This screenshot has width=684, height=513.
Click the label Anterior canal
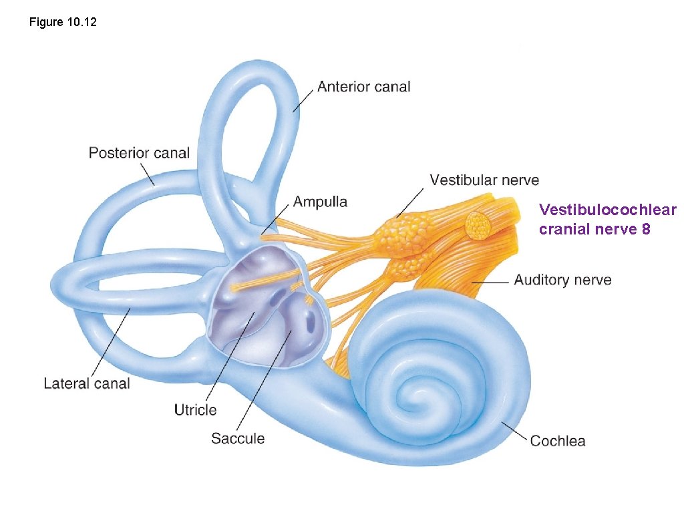coord(363,87)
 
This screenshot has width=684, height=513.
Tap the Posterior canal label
coord(139,153)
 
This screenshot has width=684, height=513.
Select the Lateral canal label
coord(87,383)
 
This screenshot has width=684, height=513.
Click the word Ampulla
coord(320,202)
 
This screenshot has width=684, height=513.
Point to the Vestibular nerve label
coord(484,180)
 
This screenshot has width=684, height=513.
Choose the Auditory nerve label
coord(562,281)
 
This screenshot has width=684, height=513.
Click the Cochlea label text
coord(557,441)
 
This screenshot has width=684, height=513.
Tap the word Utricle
coord(195,409)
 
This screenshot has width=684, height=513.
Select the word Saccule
coord(238,439)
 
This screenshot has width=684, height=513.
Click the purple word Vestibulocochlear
coord(607,210)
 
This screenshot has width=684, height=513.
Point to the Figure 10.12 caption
coord(63,23)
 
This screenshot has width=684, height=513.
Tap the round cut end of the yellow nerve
coord(478,226)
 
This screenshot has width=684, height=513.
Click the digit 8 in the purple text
coord(645,229)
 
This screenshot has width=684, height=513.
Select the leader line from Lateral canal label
coord(108,343)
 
